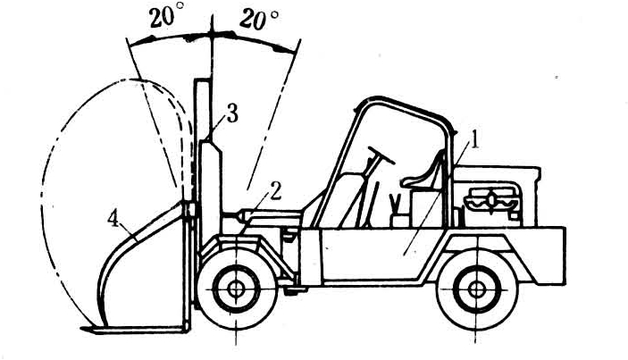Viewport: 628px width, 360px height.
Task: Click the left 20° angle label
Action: [167, 21]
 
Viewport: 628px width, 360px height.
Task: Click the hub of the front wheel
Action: [236, 289]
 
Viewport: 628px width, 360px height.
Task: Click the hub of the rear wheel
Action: [473, 289]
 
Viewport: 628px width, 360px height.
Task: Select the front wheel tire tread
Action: [236, 258]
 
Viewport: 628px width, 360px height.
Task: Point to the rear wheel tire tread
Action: [473, 258]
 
